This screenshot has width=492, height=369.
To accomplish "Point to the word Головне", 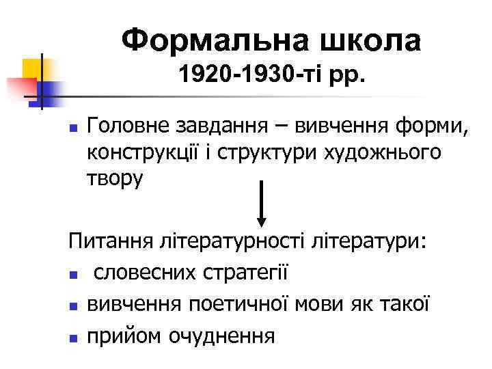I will tap(122, 126).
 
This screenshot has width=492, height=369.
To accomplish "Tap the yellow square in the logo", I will tap(32, 68).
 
